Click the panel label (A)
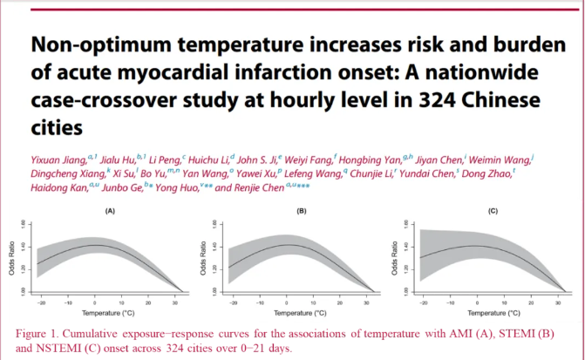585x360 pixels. pyautogui.click(x=110, y=212)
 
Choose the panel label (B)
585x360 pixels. pyautogui.click(x=302, y=212)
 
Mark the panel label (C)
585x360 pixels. pyautogui.click(x=493, y=212)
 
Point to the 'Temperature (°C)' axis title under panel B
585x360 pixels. pyautogui.click(x=288, y=309)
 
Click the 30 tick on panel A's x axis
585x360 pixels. pyautogui.click(x=173, y=300)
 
